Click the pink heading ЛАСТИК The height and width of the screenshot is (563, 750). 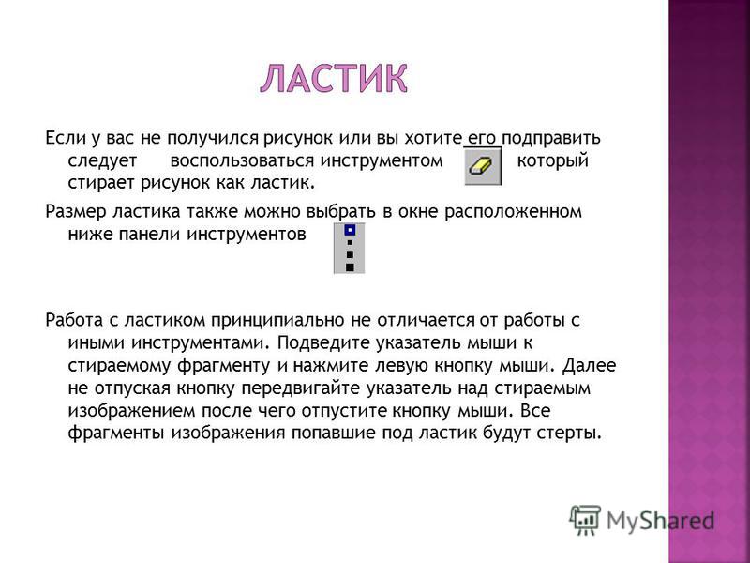(x=334, y=78)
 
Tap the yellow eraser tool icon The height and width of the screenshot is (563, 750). (x=483, y=166)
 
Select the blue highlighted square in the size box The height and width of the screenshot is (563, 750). (x=350, y=231)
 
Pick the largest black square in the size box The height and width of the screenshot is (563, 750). (x=350, y=267)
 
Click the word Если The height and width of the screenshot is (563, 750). (x=65, y=138)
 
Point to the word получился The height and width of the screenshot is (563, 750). (x=213, y=138)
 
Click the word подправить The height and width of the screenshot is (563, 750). (x=550, y=138)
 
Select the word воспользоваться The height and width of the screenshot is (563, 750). (x=242, y=160)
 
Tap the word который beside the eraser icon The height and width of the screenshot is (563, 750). (x=552, y=160)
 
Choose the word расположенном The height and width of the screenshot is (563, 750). (x=513, y=212)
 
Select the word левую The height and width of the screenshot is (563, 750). (x=401, y=365)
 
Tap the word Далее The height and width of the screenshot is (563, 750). (x=589, y=365)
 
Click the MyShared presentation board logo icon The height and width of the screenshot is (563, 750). (x=585, y=521)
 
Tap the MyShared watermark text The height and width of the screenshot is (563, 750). (x=661, y=522)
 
